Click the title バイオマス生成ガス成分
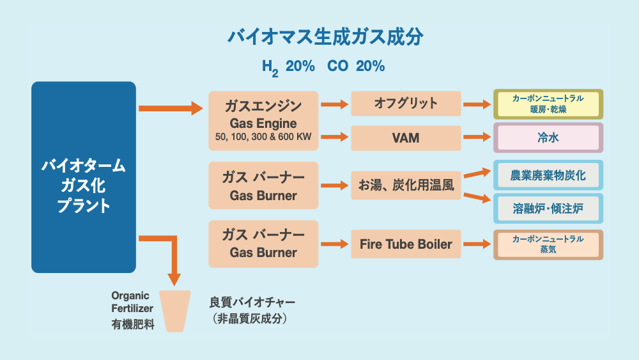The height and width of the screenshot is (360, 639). tap(325, 37)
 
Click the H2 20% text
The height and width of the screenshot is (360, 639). tap(288, 67)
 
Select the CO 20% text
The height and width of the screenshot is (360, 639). tap(356, 67)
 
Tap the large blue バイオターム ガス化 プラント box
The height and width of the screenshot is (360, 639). tap(84, 177)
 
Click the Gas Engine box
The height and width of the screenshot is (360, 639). tap(263, 121)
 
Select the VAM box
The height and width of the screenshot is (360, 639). tap(406, 137)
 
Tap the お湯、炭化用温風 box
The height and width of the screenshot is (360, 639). tap(406, 186)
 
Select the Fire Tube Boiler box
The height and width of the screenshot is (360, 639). tap(406, 244)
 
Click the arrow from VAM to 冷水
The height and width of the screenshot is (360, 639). tap(477, 137)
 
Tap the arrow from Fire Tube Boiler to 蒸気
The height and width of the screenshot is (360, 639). tap(477, 244)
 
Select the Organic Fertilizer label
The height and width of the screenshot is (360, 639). tap(130, 302)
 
